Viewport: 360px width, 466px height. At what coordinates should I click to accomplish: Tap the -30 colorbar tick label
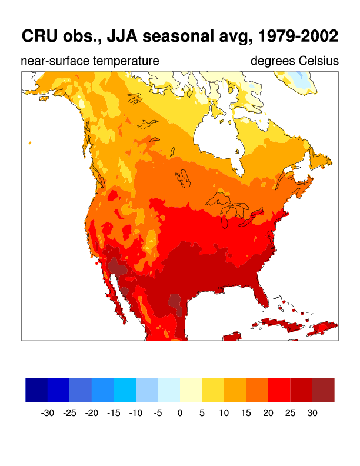pos(48,413)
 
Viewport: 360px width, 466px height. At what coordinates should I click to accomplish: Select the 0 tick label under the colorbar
pos(180,413)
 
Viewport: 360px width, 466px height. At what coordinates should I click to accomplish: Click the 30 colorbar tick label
pos(312,413)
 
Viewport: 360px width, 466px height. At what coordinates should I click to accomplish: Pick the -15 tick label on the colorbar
pos(114,413)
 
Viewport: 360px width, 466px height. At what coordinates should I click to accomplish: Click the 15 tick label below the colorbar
pos(246,413)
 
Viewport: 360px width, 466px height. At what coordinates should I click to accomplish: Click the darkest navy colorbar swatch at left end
pos(36,390)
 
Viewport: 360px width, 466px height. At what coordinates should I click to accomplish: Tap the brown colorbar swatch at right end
pos(324,390)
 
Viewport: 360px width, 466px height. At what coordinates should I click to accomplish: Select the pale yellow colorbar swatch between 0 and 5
pos(191,390)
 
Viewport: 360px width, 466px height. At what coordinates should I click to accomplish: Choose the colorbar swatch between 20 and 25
pos(279,390)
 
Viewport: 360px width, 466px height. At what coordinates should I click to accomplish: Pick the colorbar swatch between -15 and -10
pos(125,390)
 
